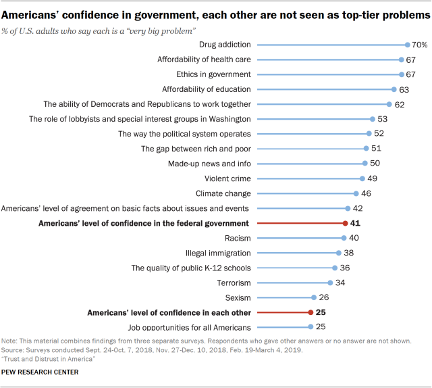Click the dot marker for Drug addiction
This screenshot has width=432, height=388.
coord(407,45)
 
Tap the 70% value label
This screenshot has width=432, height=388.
coord(419,45)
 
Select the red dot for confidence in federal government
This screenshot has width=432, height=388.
coord(345,223)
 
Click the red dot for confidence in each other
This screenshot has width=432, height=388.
coord(310,312)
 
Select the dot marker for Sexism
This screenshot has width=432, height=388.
coord(314,297)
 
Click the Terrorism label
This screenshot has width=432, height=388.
coord(234,283)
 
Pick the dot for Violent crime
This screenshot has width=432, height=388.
coord(362,178)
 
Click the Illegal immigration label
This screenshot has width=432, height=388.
coord(218,253)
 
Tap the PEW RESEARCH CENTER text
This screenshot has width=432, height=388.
coord(40,372)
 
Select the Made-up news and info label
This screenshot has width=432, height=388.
coord(209,164)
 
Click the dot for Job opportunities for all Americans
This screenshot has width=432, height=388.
coord(310,327)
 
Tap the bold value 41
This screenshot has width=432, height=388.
coord(355,223)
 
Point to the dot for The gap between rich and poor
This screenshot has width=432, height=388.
coord(366,149)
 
